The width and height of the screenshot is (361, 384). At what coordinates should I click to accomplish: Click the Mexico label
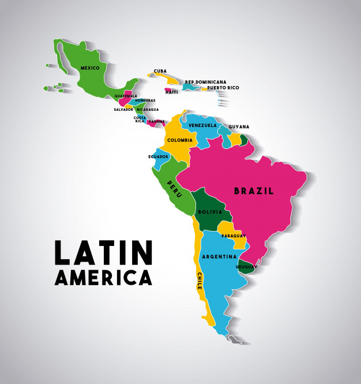(90, 68)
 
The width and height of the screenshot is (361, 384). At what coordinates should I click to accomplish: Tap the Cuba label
(160, 72)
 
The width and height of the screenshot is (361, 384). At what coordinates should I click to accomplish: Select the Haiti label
(171, 92)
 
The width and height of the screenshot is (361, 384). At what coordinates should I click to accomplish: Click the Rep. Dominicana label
(205, 82)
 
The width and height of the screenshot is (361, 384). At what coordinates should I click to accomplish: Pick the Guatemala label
(126, 96)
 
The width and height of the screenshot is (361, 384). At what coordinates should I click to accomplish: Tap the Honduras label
(145, 100)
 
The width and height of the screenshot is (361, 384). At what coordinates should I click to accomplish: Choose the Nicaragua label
(147, 109)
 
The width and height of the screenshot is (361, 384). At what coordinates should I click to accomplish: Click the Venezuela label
(202, 125)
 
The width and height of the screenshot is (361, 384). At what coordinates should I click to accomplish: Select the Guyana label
(239, 127)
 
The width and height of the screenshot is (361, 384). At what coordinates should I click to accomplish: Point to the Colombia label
(180, 140)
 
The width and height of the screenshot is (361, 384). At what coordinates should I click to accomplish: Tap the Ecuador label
(158, 156)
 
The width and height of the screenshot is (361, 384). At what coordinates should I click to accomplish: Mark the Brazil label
(253, 191)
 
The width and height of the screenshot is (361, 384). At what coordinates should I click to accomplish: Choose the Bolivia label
(209, 212)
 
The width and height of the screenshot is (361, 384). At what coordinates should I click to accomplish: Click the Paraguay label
(233, 236)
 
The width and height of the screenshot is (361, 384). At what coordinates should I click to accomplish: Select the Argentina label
(219, 256)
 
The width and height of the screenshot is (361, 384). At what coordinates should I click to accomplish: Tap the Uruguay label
(246, 267)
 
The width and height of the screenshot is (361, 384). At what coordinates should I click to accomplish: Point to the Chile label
(200, 281)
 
